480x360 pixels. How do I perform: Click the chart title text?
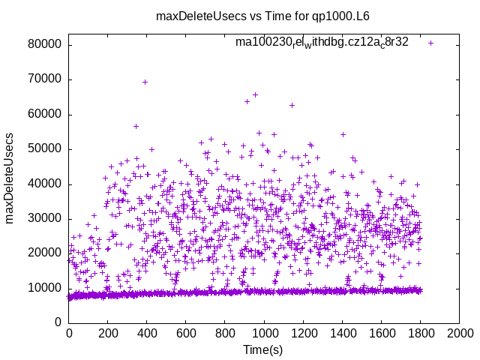262,16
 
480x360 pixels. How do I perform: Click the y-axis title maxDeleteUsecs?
10,178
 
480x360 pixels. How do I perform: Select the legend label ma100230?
322,43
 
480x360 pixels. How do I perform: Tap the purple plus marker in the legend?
430,43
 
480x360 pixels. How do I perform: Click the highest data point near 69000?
145,82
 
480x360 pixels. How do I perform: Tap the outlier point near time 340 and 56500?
136,126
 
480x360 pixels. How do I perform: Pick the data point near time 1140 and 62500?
292,105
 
